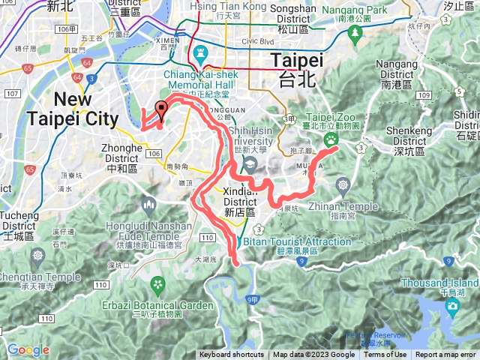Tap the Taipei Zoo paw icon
pyautogui.click(x=331, y=140)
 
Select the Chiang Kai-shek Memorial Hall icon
pyautogui.click(x=199, y=53)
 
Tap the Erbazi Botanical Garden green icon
pyautogui.click(x=157, y=284)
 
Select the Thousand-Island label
pyautogui.click(x=439, y=283)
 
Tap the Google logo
pyautogui.click(x=28, y=349)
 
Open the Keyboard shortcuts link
pyautogui.click(x=231, y=355)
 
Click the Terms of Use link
pyautogui.click(x=385, y=355)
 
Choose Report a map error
pyautogui.click(x=445, y=355)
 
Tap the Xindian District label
pyautogui.click(x=241, y=197)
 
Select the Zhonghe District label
pyautogui.click(x=121, y=153)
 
